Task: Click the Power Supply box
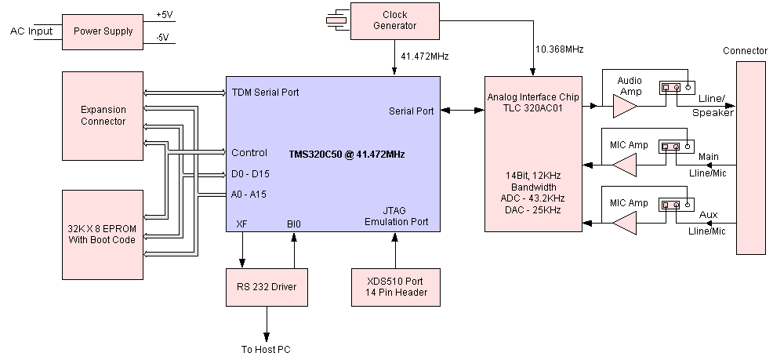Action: (x=103, y=32)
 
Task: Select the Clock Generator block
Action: (x=395, y=20)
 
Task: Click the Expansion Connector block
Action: (x=103, y=115)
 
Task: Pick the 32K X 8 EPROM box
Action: (x=103, y=234)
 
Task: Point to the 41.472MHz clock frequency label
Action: (x=424, y=57)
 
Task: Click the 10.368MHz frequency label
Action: (x=559, y=49)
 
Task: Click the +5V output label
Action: (x=165, y=15)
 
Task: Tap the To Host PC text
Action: (x=267, y=349)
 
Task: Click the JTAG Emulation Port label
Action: (x=397, y=216)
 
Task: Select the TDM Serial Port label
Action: (x=265, y=93)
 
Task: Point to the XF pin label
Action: (x=241, y=224)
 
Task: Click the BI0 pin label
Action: (x=294, y=224)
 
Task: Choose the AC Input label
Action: (x=31, y=31)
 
